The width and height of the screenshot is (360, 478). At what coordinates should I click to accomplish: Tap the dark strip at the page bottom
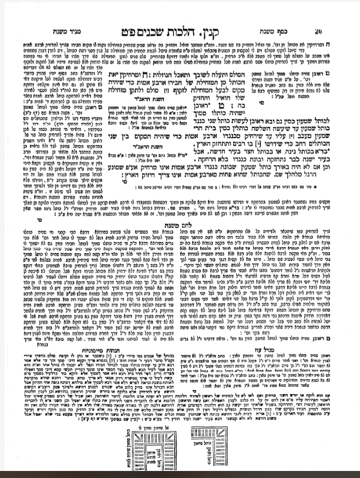pos(180,473)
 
